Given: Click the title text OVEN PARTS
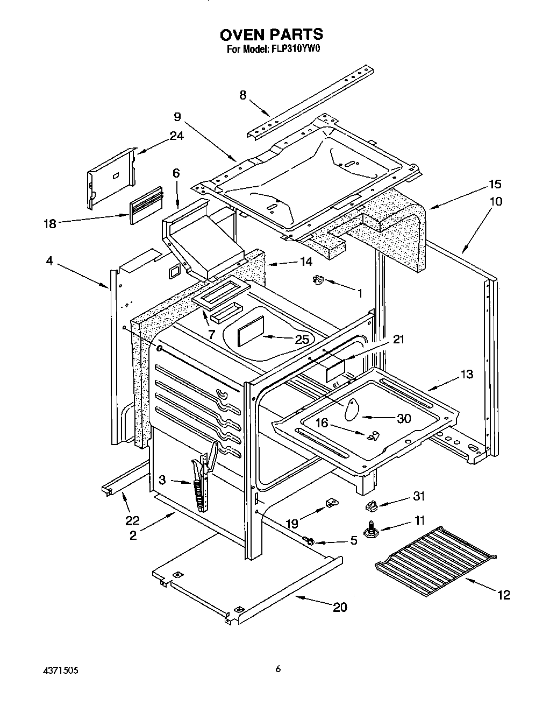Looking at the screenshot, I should (x=271, y=34).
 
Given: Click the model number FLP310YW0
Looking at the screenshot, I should (x=295, y=50).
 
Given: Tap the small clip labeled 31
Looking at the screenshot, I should (x=370, y=505).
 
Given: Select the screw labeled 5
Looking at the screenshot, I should (x=310, y=539).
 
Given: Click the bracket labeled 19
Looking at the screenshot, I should (x=331, y=504).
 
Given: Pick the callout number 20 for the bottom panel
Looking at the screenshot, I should (x=339, y=607).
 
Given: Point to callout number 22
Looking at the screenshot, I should (x=132, y=520).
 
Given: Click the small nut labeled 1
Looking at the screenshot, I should (x=318, y=279).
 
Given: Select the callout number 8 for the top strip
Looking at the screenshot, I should (x=243, y=95).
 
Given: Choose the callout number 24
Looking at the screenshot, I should (x=176, y=136).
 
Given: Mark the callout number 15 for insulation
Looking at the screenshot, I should (x=495, y=185).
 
